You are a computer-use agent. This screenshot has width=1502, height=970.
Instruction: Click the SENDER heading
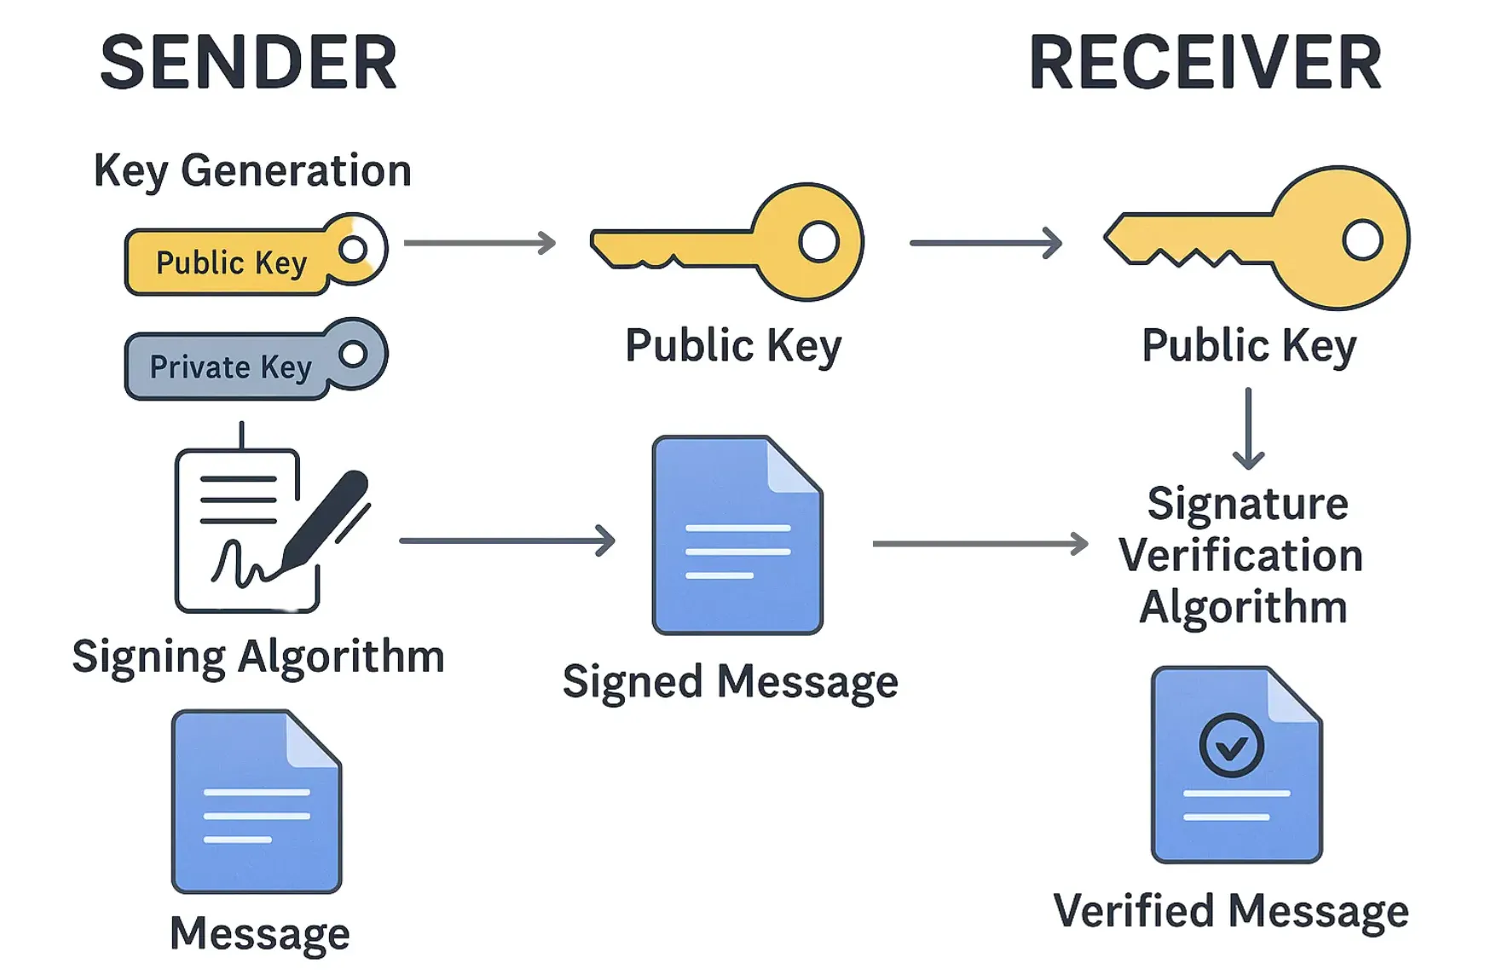(248, 63)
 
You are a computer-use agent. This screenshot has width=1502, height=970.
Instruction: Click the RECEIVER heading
(1204, 63)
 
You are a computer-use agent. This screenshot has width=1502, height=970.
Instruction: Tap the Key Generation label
(252, 170)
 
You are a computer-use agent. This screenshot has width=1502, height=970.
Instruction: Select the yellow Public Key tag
(232, 262)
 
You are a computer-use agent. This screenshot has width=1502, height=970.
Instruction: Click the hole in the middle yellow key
(818, 242)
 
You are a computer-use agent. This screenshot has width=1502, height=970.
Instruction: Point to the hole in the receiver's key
(1361, 240)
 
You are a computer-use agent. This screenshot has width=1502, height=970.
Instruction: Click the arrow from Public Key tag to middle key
(479, 243)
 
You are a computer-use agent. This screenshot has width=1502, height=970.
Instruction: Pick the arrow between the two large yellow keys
(985, 243)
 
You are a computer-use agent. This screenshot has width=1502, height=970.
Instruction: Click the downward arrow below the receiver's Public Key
(1248, 429)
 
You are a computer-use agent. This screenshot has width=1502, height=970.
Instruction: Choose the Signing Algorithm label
(258, 657)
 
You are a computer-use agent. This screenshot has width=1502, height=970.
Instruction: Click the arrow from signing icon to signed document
(507, 540)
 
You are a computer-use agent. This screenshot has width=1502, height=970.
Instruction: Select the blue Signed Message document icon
(737, 535)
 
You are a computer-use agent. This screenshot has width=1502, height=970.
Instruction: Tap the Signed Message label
(731, 682)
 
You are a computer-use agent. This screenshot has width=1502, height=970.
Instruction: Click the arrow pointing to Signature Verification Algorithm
(980, 543)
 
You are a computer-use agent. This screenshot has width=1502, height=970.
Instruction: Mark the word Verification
(1241, 556)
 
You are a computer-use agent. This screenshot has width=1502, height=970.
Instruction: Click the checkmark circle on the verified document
(1231, 746)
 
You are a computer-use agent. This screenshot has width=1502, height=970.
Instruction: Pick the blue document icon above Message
(257, 801)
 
